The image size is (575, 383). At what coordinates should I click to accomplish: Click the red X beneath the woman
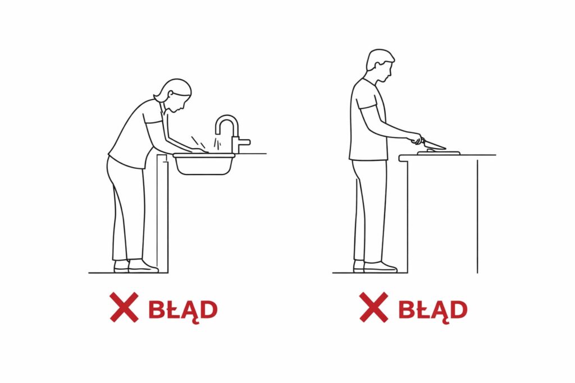(124, 307)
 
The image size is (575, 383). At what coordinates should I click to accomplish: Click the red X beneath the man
(373, 307)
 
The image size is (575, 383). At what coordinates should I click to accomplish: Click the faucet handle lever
(244, 141)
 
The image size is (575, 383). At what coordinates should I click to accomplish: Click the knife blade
(435, 145)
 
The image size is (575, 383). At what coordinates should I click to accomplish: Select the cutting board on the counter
(439, 153)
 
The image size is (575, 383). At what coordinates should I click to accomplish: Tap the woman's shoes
(136, 266)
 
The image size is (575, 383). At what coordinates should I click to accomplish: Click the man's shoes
(375, 266)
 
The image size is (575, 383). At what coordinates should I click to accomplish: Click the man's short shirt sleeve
(367, 101)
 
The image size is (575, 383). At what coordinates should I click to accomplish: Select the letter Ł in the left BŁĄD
(172, 310)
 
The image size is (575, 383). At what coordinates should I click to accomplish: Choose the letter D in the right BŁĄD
(459, 310)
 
